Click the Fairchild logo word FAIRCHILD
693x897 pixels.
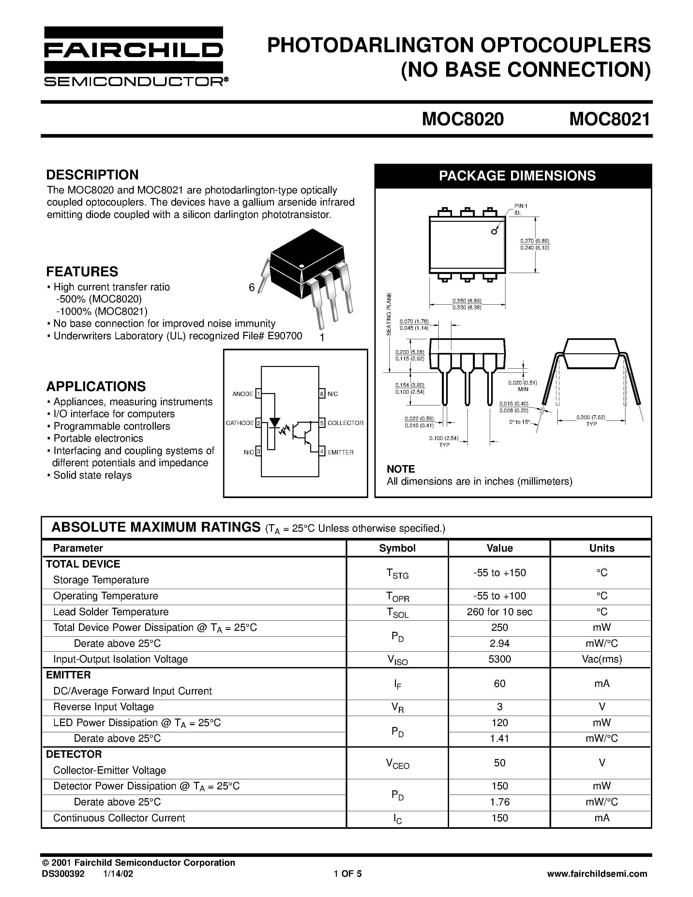tap(133, 50)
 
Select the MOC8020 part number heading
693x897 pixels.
tap(463, 119)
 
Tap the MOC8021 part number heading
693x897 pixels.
tap(610, 119)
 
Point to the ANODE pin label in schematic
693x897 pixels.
tap(243, 394)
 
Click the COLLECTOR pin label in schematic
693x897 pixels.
tap(345, 423)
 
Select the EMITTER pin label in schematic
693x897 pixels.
tap(340, 452)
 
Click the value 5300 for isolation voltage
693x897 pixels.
tap(499, 659)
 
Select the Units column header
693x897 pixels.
tap(601, 548)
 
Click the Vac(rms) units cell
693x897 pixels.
tap(601, 659)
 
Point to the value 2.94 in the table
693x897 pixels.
tap(499, 643)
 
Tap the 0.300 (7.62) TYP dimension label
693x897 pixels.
tap(591, 420)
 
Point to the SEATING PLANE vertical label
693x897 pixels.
tap(389, 314)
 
